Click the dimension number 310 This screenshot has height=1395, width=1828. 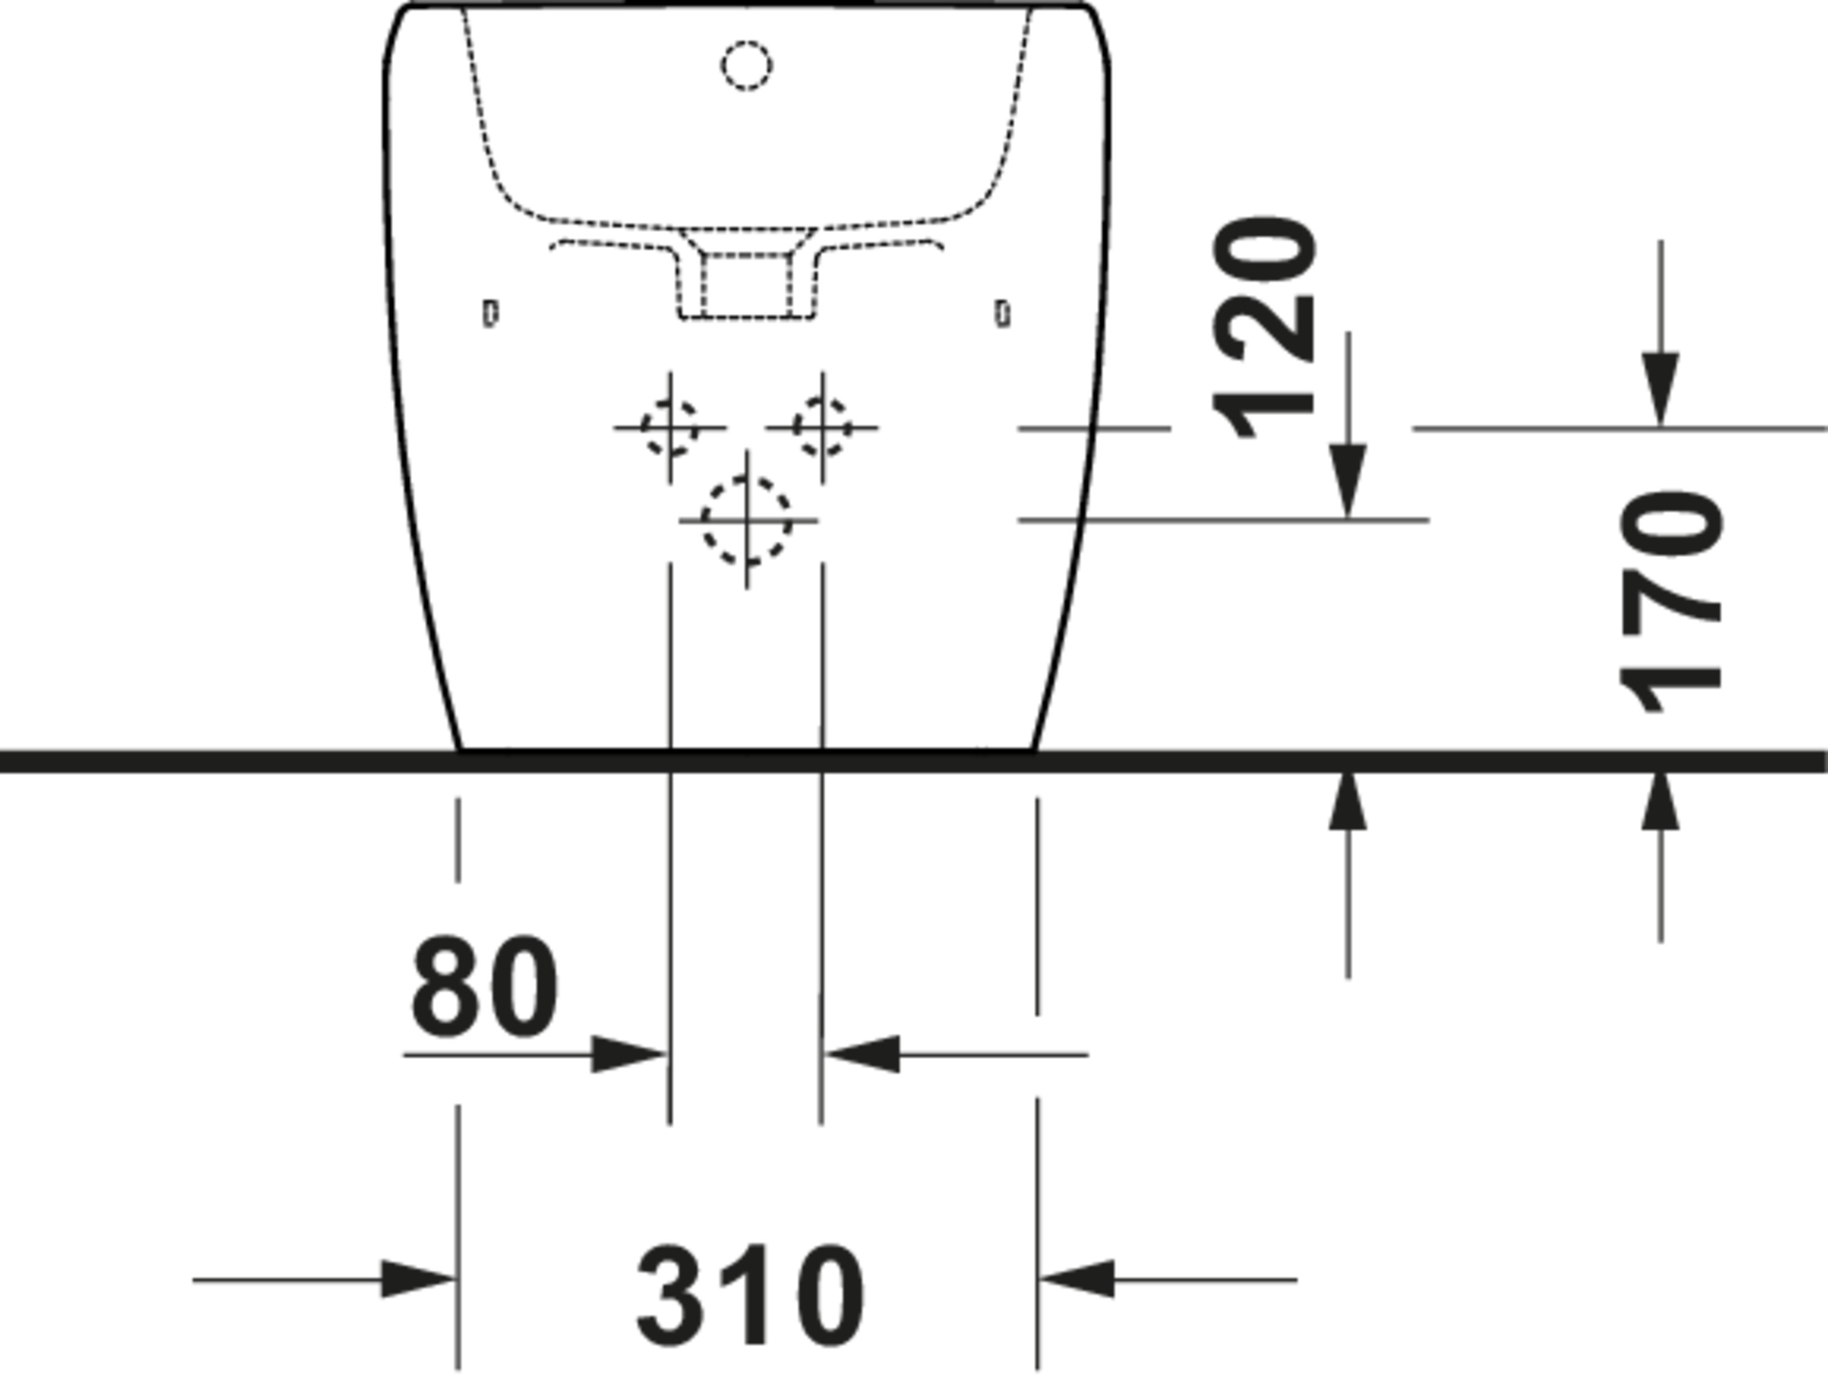[x=750, y=1295]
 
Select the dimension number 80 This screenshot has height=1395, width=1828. [x=484, y=987]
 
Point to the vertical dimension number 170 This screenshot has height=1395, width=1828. [x=1670, y=602]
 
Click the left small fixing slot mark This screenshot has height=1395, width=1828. [x=491, y=314]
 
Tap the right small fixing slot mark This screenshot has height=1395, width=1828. [x=1004, y=314]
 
